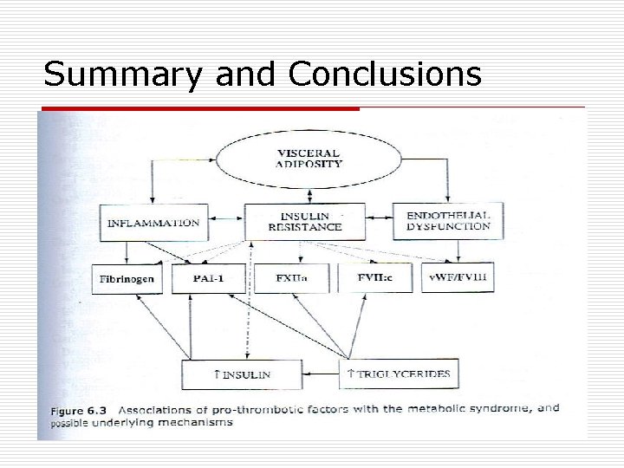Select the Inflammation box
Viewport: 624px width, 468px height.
click(153, 223)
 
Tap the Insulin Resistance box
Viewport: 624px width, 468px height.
click(304, 222)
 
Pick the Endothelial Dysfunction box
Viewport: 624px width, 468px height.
click(441, 221)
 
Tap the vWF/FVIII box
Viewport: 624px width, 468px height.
click(458, 279)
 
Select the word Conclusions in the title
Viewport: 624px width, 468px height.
click(385, 75)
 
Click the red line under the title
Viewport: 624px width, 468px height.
click(199, 109)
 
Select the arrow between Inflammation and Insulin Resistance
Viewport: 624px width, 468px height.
click(225, 223)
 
